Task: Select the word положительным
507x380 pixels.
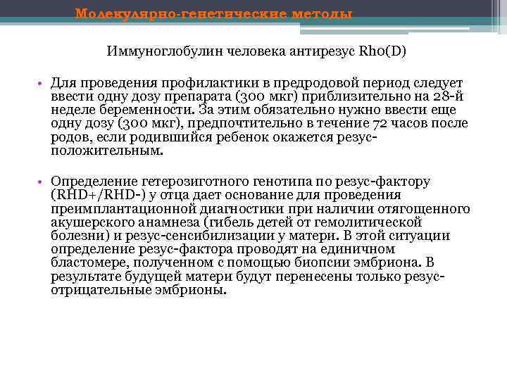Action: coord(106,150)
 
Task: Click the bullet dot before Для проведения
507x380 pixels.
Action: coord(44,83)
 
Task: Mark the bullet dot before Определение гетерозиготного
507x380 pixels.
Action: coord(44,182)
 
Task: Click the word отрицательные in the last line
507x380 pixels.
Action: coord(104,289)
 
